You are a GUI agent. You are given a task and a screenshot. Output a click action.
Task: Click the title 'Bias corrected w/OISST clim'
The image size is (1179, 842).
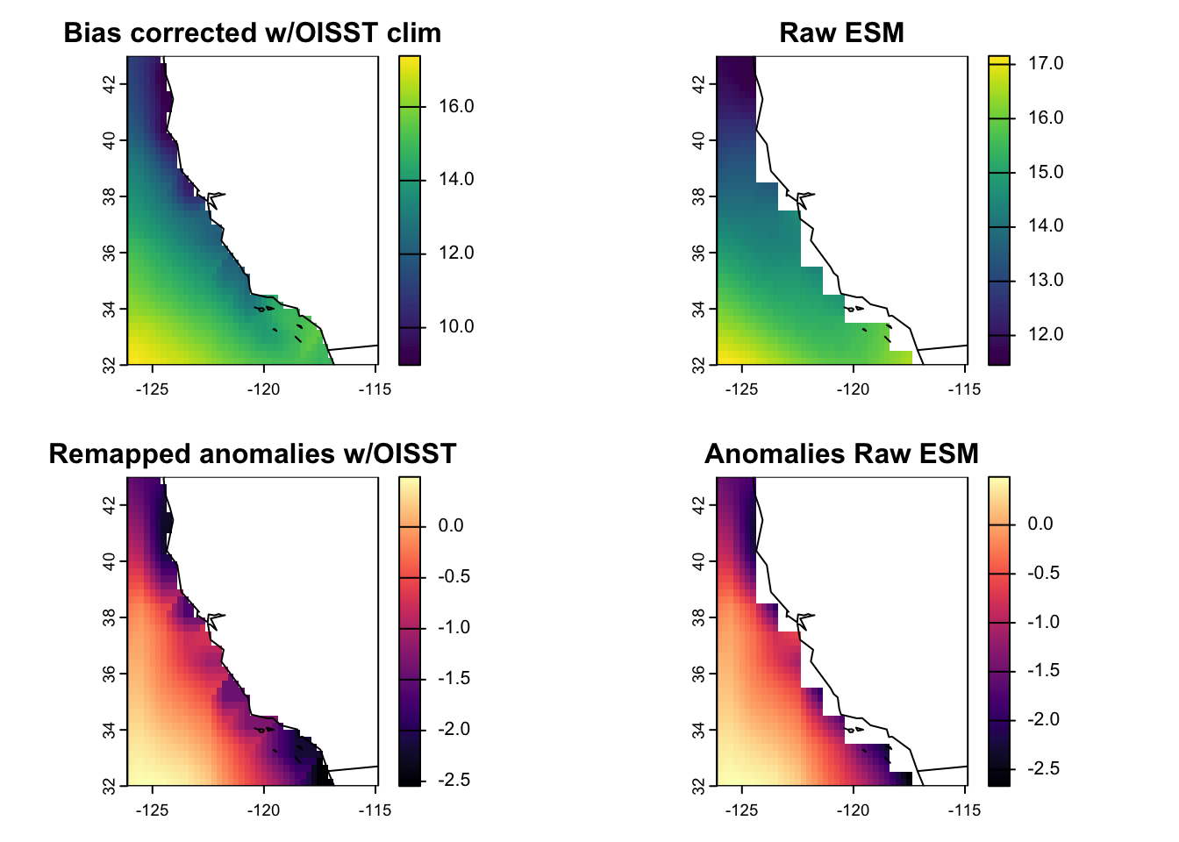pos(253,33)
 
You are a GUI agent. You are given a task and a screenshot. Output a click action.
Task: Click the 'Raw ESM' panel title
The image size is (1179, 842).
pos(841,33)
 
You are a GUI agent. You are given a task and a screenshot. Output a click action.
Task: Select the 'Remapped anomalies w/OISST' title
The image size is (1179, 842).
pos(253,454)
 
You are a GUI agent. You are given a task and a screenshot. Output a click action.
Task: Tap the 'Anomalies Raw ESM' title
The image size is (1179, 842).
pos(841,454)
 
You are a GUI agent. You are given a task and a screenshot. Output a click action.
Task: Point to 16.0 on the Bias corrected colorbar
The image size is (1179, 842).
pos(456,107)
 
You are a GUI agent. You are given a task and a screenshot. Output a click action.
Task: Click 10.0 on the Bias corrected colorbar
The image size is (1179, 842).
pos(456,327)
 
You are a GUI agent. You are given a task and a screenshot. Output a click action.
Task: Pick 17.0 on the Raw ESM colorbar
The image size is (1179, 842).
pos(1046,63)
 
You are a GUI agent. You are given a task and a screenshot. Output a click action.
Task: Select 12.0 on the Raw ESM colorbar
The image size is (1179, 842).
pos(1046,334)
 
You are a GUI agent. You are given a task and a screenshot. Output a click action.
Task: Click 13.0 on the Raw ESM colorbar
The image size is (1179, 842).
pos(1046,281)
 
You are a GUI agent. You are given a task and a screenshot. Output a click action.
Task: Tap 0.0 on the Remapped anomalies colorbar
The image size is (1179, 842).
pos(451,526)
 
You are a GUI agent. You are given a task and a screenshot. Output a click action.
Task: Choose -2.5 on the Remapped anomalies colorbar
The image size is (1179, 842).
pos(454,781)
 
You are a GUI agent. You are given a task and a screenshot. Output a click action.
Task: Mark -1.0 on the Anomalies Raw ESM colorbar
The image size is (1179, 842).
pos(1043,623)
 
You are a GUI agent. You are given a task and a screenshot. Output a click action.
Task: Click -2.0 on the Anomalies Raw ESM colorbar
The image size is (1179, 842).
pos(1043,720)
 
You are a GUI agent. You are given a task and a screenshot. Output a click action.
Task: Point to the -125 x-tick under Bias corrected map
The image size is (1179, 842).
pos(152,389)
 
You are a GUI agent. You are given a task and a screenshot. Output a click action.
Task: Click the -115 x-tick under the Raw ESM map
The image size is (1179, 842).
pos(964,389)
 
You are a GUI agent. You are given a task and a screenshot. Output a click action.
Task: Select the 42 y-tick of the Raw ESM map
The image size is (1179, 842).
pos(699,84)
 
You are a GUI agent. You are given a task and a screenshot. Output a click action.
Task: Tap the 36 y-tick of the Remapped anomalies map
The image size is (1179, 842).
pos(110,674)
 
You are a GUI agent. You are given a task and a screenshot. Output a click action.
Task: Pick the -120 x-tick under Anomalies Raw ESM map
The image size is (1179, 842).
pos(853,810)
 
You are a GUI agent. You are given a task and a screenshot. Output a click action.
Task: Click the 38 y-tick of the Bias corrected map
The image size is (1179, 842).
pos(110,196)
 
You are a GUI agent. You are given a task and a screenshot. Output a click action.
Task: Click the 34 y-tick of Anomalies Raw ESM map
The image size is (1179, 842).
pos(699,730)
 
